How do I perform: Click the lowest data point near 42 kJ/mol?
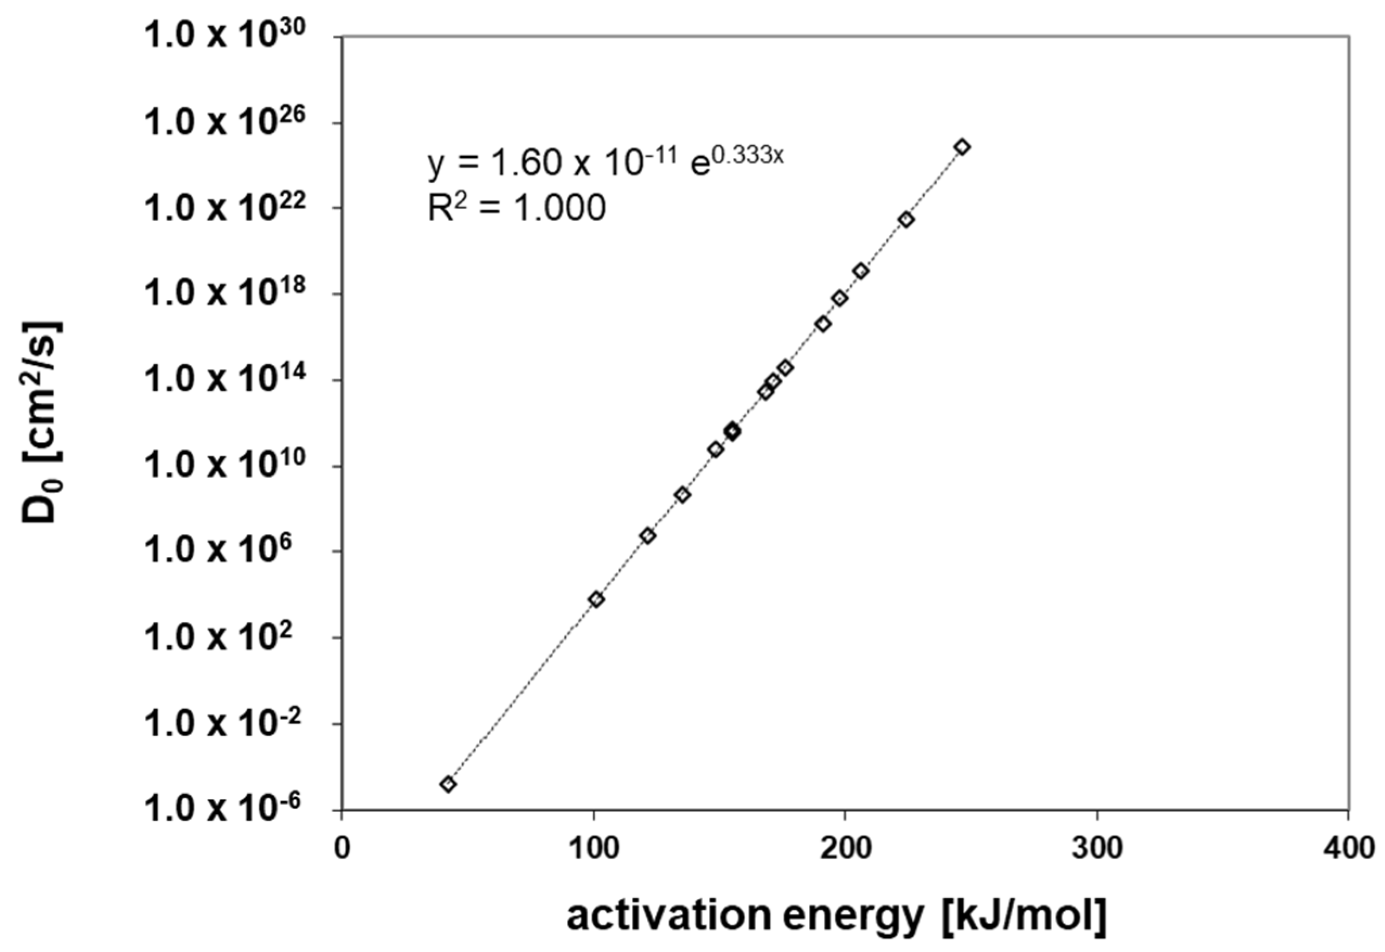(x=448, y=784)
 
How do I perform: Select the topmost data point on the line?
(x=962, y=147)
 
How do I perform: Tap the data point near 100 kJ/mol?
(x=596, y=600)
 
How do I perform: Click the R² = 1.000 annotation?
(x=517, y=208)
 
